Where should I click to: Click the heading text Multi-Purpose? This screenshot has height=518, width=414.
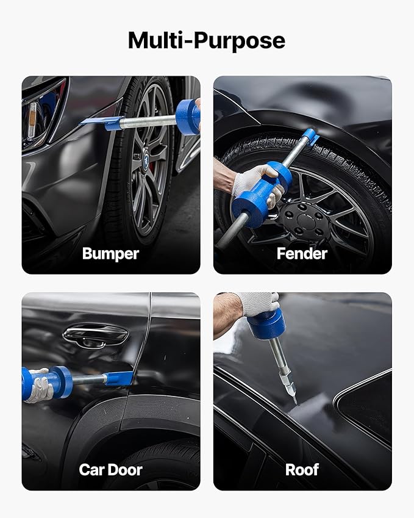[207, 40]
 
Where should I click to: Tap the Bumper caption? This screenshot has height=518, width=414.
[110, 253]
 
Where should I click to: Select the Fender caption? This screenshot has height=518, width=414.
[302, 253]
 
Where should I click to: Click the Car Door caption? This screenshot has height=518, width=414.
[110, 469]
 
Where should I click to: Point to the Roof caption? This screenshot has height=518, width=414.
[302, 469]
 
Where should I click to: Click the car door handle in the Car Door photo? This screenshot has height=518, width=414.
[96, 334]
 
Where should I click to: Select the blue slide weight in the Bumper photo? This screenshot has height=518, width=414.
[187, 117]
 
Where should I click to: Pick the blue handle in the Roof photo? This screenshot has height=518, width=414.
[266, 323]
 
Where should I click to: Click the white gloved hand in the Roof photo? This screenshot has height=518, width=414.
[258, 303]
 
